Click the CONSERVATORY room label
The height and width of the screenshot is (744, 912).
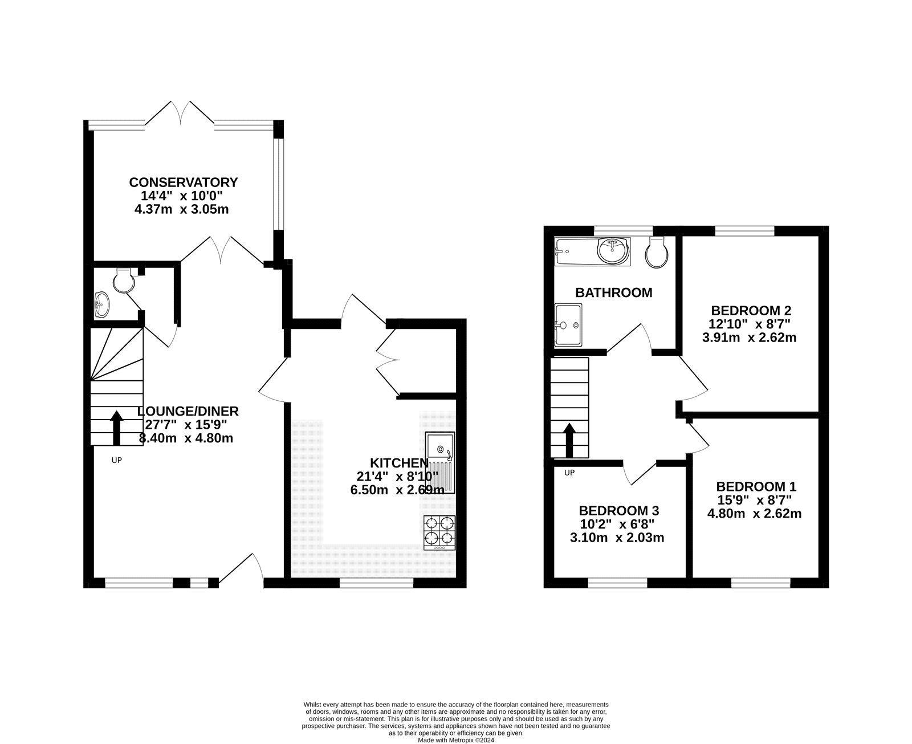[183, 182]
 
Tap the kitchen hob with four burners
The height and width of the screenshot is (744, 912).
[439, 532]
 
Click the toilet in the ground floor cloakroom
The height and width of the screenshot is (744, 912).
[124, 279]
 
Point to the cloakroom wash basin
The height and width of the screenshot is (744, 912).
[101, 304]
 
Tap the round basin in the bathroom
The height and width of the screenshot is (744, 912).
[612, 250]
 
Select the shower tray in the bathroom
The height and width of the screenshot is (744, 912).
[568, 325]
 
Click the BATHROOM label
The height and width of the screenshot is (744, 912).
[613, 293]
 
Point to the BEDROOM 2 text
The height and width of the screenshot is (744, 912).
[751, 311]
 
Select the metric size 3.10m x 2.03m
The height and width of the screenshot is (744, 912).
[617, 538]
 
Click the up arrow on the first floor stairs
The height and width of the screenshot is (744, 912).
[568, 440]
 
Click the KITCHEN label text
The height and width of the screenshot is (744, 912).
[398, 463]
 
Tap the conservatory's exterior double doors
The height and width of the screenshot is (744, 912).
[180, 113]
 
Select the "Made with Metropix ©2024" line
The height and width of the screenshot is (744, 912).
[455, 741]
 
